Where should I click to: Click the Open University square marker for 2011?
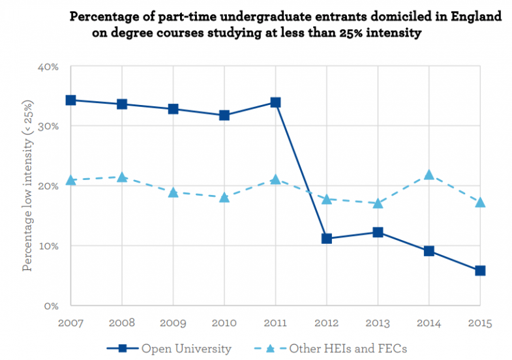(x=275, y=102)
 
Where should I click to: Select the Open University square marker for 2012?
(x=326, y=239)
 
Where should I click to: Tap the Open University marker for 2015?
(x=480, y=271)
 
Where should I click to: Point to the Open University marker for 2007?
(x=70, y=100)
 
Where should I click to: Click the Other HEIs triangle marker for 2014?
(x=429, y=175)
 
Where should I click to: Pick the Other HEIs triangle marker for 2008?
(x=122, y=177)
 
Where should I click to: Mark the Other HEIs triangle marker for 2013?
(x=378, y=203)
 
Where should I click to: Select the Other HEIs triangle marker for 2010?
(x=224, y=197)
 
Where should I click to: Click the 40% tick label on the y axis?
(x=51, y=67)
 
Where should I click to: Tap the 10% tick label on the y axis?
(x=51, y=246)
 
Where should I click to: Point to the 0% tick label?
(x=53, y=305)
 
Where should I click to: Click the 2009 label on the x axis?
(x=173, y=322)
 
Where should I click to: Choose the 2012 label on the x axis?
(x=326, y=322)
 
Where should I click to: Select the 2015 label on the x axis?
(x=480, y=322)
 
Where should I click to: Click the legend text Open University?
(x=187, y=349)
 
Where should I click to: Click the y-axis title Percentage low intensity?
(x=27, y=186)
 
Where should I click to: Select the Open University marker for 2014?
(x=429, y=251)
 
